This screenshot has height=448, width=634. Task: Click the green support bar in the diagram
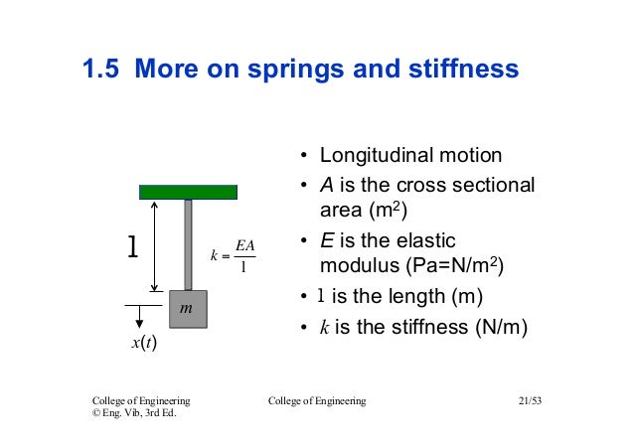188,191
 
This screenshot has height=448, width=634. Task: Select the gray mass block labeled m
188,309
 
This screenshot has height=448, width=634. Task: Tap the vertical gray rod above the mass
188,244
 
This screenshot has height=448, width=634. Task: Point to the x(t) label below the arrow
144,344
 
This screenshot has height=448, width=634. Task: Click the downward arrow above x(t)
140,317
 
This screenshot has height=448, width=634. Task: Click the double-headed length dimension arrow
154,244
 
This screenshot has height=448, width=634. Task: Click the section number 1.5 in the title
102,70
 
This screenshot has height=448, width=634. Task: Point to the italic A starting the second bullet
325,185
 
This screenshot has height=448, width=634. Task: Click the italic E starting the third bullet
325,241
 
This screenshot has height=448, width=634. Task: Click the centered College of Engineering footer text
317,400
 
